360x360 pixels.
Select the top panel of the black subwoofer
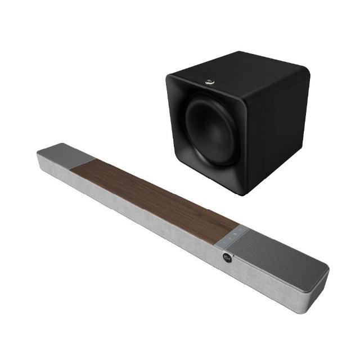(236, 66)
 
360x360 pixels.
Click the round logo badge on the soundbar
(228, 261)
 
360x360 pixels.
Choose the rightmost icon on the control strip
(241, 229)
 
